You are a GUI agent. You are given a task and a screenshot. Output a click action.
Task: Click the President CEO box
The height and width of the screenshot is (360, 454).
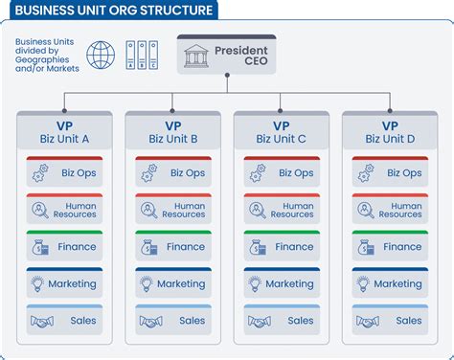coord(226,55)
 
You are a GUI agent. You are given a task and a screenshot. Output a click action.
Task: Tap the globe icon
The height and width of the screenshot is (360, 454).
coord(101,55)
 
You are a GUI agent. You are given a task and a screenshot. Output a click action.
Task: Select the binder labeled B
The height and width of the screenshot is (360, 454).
coord(142,55)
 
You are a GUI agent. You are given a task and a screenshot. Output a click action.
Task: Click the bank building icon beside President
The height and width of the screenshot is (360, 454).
coord(196,56)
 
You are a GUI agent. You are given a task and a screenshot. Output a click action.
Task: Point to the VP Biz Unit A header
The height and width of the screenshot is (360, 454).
coord(64,130)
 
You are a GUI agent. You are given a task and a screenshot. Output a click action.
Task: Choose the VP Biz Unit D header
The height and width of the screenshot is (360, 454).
coord(390,130)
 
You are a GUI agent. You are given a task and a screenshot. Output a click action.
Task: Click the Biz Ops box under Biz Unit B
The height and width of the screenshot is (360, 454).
coord(173,171)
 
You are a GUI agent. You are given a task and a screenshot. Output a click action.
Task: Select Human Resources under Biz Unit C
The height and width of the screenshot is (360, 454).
coord(282,209)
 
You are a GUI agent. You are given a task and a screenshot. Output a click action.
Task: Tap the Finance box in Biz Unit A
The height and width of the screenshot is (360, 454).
coord(64,246)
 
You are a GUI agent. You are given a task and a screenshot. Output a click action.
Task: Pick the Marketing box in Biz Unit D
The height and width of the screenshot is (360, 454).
coord(390,282)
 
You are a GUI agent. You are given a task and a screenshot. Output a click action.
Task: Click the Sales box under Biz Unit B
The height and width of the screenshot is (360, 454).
coord(173,320)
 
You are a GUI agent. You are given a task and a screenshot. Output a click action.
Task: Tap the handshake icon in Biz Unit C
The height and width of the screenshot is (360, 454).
coord(260,322)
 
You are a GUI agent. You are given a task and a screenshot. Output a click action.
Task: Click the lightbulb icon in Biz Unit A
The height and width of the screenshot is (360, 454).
coord(37,283)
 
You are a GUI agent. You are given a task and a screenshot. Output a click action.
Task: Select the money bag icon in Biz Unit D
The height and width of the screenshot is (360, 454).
coord(366,247)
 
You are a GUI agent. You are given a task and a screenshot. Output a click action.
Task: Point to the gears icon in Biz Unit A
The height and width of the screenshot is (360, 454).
coord(40,173)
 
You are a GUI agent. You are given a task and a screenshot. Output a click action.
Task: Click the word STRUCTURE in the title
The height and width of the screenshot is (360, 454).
coord(176,11)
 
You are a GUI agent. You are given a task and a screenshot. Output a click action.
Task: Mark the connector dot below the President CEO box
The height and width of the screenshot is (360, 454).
coord(227,76)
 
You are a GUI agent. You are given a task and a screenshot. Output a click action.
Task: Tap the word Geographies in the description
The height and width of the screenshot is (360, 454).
coord(42,59)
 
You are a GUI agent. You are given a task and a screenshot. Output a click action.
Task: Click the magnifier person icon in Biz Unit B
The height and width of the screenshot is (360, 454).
coord(148,210)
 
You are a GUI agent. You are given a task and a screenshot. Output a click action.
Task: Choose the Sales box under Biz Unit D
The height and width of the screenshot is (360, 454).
coord(390,320)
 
